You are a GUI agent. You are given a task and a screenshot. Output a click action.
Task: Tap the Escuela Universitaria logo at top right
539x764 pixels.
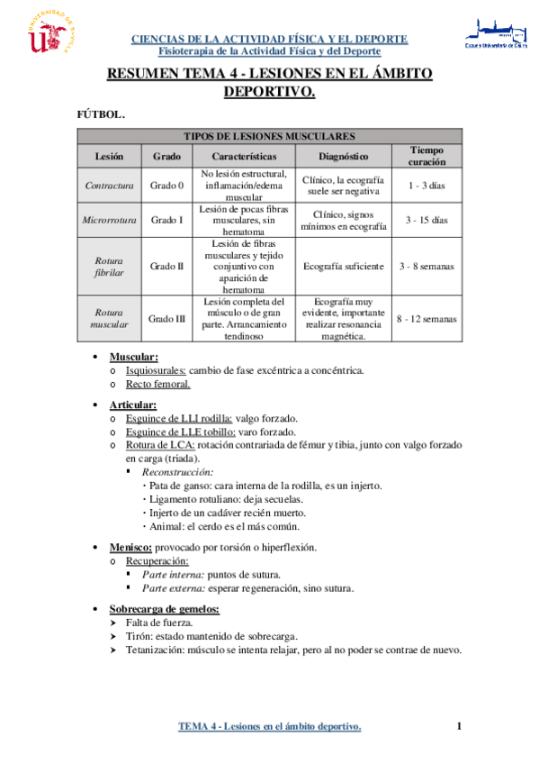[495, 32]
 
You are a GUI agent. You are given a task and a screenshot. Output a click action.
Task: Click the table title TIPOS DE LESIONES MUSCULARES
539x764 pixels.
[270, 136]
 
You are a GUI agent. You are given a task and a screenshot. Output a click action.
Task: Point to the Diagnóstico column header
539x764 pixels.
[343, 155]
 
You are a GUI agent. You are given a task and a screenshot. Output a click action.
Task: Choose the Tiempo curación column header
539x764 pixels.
[427, 155]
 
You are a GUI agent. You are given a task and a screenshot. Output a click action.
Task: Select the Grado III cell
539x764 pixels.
[166, 318]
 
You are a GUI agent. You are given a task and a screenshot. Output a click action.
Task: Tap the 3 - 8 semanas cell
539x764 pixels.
[427, 266]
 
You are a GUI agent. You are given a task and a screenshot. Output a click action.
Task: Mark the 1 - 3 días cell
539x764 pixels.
[427, 186]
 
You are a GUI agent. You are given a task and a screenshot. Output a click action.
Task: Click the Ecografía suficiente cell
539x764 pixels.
[343, 266]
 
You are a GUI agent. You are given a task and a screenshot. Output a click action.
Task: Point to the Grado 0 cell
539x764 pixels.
[166, 186]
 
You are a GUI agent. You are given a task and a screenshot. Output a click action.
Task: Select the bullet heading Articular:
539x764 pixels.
[133, 405]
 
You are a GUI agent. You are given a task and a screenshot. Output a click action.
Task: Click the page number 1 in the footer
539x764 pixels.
[459, 726]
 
